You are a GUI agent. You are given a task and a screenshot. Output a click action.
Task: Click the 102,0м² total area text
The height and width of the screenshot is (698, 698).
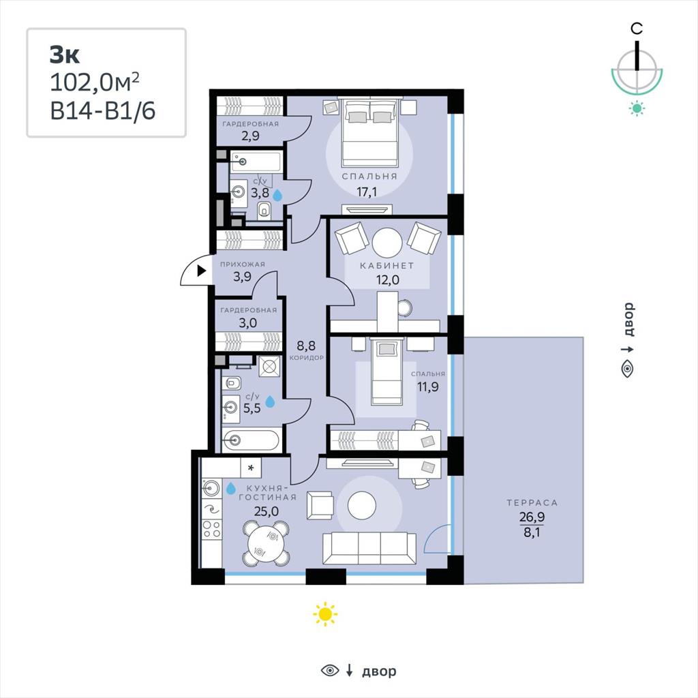(95, 82)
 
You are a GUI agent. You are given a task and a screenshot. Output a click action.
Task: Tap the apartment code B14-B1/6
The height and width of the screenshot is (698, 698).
(103, 110)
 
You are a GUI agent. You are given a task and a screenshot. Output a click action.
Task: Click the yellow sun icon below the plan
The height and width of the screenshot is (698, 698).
(325, 614)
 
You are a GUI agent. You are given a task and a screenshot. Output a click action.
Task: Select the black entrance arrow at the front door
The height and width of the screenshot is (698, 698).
(202, 271)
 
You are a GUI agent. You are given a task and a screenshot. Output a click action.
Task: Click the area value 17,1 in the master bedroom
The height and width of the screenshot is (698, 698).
(367, 192)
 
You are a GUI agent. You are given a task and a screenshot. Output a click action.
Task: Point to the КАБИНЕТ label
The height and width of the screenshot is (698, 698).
(387, 266)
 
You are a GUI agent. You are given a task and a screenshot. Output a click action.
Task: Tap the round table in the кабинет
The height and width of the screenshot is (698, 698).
(387, 243)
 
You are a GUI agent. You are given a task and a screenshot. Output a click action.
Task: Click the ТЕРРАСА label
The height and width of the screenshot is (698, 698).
(532, 502)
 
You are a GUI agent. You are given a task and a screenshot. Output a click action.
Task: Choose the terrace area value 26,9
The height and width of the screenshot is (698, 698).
(532, 517)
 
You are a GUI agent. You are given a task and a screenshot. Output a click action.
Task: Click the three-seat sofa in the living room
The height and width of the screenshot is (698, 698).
(369, 548)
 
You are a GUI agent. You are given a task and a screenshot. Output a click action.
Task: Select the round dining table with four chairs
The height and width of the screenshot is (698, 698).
(267, 543)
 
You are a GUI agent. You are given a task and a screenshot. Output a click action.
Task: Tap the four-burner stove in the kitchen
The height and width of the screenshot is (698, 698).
(211, 530)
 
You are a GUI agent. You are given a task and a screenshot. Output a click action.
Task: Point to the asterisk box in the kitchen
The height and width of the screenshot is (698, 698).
(251, 468)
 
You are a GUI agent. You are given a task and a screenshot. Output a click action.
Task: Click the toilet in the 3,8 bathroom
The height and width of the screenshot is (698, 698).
(264, 209)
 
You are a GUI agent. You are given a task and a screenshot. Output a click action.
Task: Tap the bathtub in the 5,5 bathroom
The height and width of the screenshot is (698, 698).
(251, 441)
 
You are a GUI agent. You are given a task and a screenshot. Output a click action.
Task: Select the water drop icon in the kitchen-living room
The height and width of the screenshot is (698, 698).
(230, 488)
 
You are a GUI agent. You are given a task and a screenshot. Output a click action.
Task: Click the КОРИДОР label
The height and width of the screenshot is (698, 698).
(306, 357)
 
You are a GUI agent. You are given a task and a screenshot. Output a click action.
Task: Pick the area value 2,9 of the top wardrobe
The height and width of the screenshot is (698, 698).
(251, 136)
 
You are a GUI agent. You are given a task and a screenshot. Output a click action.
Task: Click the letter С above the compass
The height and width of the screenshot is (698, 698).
(637, 29)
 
